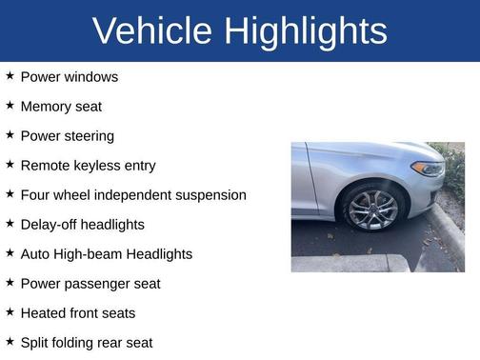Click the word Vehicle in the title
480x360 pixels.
[x=152, y=31]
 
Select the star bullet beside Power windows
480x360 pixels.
[x=10, y=76]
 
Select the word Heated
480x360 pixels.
[x=44, y=313]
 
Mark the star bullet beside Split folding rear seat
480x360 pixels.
[x=10, y=342]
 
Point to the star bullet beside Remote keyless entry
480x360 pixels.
[x=10, y=165]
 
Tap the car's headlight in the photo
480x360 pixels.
[x=428, y=170]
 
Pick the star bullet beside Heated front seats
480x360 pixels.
[x=10, y=312]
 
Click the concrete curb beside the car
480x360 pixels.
[x=448, y=233]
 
